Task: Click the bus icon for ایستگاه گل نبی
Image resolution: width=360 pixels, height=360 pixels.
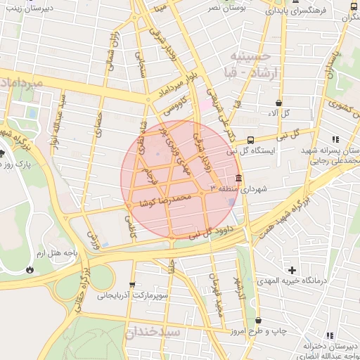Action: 252,140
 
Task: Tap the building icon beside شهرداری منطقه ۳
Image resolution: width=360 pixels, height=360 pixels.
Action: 239,178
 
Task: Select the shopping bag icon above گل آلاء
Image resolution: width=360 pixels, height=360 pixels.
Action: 279,103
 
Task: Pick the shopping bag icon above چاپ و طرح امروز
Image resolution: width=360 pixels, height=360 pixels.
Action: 258,321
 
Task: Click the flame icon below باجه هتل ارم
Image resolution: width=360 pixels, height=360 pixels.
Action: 30,269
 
